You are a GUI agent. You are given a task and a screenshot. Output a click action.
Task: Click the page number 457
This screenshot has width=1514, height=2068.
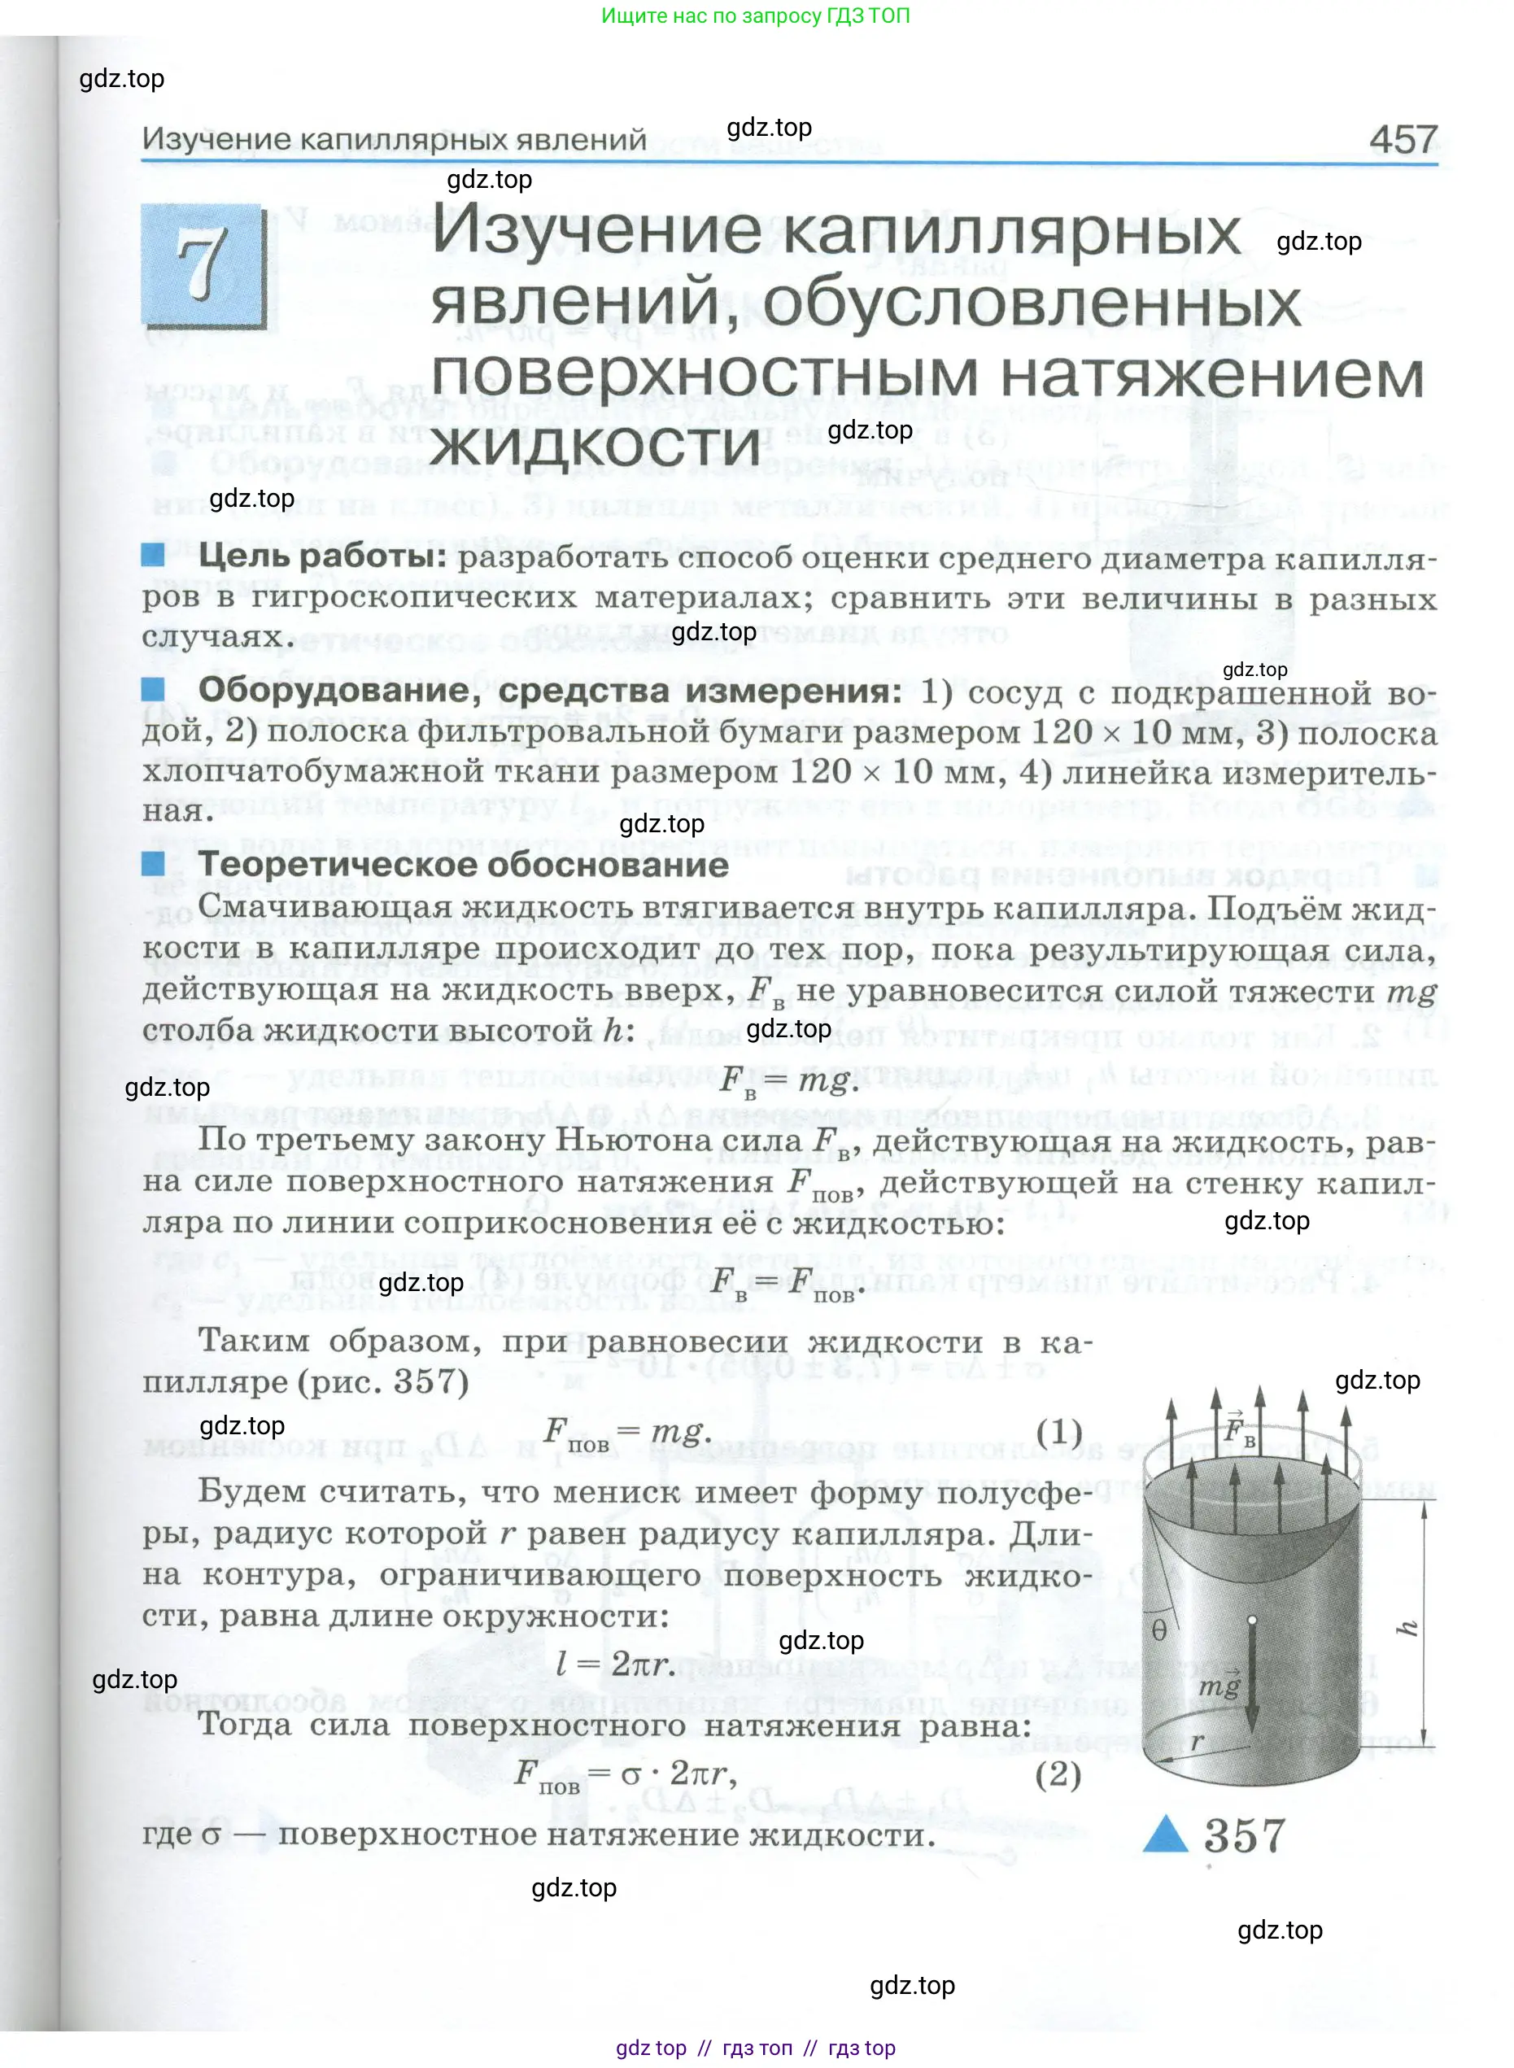(x=1403, y=139)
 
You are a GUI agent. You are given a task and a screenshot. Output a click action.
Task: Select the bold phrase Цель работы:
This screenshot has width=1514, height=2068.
(x=321, y=556)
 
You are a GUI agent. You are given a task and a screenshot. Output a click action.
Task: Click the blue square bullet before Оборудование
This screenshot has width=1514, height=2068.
(x=153, y=688)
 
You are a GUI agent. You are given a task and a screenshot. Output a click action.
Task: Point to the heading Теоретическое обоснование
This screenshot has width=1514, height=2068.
(x=463, y=864)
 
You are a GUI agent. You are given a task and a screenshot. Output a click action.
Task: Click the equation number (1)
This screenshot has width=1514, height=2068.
(x=1058, y=1430)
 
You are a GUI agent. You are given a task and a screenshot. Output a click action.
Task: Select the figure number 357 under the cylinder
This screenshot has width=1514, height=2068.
(x=1244, y=1835)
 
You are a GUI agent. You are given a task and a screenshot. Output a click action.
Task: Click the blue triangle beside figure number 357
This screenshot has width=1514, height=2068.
(x=1166, y=1834)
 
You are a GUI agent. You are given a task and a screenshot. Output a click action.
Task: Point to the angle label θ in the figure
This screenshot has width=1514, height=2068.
(x=1159, y=1630)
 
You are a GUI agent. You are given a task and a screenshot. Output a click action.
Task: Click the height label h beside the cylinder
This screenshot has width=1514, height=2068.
(x=1407, y=1627)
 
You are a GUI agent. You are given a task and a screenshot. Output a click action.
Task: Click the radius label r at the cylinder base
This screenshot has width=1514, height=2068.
(x=1197, y=1741)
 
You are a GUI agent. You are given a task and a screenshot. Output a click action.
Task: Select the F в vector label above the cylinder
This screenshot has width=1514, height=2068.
(x=1239, y=1431)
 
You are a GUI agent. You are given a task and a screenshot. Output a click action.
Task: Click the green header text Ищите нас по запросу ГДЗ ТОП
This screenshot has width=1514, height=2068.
(x=755, y=15)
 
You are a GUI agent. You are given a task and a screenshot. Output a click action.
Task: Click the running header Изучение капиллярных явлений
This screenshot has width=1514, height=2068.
(x=394, y=139)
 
